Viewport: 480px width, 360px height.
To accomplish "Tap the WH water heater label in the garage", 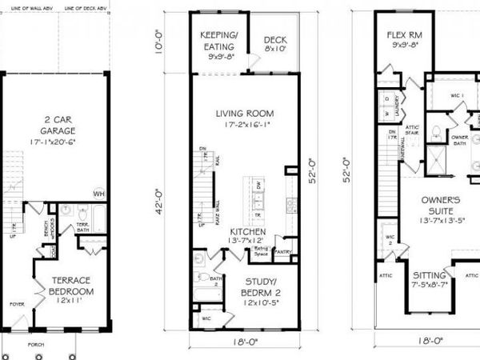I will click(x=99, y=193).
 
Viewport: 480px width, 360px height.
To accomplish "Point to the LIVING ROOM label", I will click(x=245, y=113).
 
